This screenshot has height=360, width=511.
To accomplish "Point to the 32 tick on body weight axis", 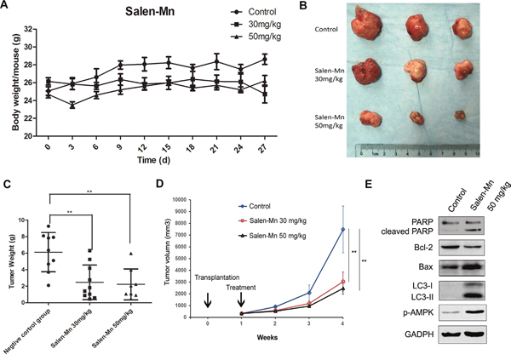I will tap(31, 28).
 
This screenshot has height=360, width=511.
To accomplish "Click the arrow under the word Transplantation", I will tap(209, 300).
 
